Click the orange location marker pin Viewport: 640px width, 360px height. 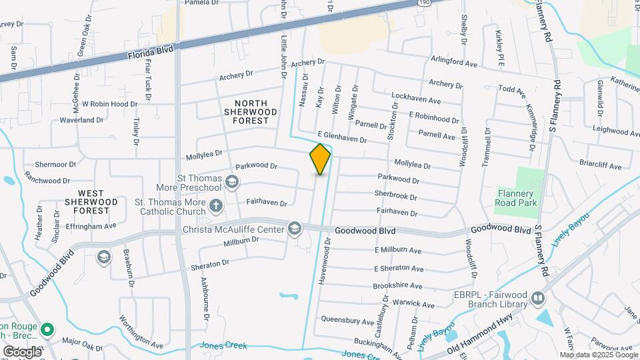(320, 159)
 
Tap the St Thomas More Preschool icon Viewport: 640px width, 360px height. (232, 182)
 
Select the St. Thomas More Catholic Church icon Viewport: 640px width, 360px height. (215, 205)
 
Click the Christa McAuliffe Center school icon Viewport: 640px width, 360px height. (294, 229)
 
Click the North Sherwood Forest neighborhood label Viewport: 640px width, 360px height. (251, 112)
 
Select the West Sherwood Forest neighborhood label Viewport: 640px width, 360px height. (92, 201)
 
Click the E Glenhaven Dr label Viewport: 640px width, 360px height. (342, 136)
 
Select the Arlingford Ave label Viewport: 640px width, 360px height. (456, 60)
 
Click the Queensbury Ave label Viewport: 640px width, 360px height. (344, 319)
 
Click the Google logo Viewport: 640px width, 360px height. (23, 351)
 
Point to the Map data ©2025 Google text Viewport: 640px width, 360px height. (598, 355)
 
